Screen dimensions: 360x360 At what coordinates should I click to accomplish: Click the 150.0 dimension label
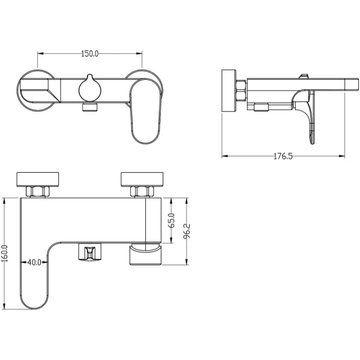click(x=90, y=54)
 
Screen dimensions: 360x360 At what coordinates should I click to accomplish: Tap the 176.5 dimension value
click(x=283, y=157)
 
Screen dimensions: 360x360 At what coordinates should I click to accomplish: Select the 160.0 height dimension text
click(x=5, y=253)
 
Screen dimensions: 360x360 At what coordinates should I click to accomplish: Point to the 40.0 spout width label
click(x=34, y=262)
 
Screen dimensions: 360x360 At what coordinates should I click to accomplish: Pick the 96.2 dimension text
click(x=188, y=231)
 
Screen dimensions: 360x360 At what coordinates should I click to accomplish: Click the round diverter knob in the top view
click(x=89, y=88)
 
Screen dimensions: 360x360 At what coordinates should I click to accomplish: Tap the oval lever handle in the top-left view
click(x=145, y=112)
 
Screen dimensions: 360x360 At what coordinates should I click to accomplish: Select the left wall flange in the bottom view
click(x=38, y=179)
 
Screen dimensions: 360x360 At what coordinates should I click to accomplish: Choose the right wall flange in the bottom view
click(x=142, y=179)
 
